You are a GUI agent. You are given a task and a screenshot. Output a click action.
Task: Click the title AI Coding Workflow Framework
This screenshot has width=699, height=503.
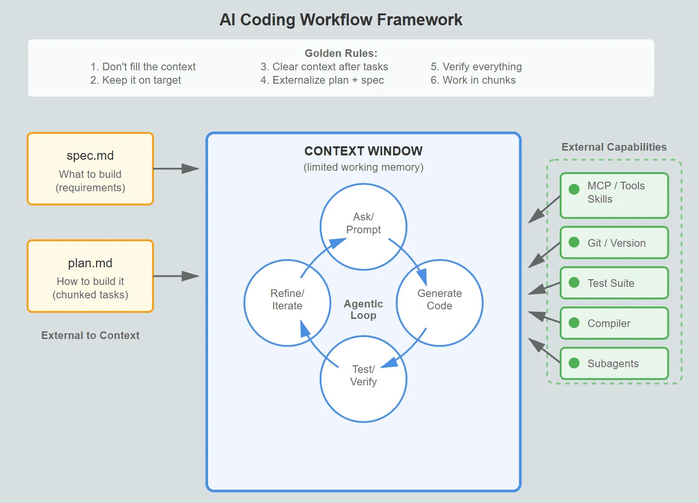[x=341, y=20]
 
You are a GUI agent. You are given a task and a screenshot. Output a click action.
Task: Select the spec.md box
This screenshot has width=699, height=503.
[x=90, y=169]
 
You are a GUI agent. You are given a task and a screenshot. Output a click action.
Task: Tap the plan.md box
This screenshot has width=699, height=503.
[x=90, y=276]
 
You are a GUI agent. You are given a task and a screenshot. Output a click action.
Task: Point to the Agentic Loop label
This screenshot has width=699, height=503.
[x=363, y=309]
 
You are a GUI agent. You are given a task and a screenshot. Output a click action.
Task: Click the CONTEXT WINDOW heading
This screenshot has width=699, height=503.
[x=363, y=151]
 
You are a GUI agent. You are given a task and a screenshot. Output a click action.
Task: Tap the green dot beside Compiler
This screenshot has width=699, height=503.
[x=574, y=323]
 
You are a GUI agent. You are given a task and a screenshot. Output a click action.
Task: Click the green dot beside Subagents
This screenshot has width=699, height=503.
[x=574, y=363]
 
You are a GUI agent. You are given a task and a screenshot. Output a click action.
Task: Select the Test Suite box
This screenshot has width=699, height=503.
[x=614, y=283]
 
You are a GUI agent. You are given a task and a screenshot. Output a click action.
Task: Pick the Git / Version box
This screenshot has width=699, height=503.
[x=614, y=243]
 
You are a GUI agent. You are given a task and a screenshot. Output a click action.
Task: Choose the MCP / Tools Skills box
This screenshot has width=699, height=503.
[x=614, y=196]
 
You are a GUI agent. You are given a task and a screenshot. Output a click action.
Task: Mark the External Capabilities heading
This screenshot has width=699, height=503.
[x=614, y=147]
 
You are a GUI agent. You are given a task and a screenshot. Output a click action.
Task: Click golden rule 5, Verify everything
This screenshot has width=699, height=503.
[x=476, y=66]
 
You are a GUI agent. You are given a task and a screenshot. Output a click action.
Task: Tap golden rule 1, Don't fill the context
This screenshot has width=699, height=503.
[x=143, y=66]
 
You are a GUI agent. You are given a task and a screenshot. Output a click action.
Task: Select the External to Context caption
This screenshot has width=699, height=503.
[x=90, y=335]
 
